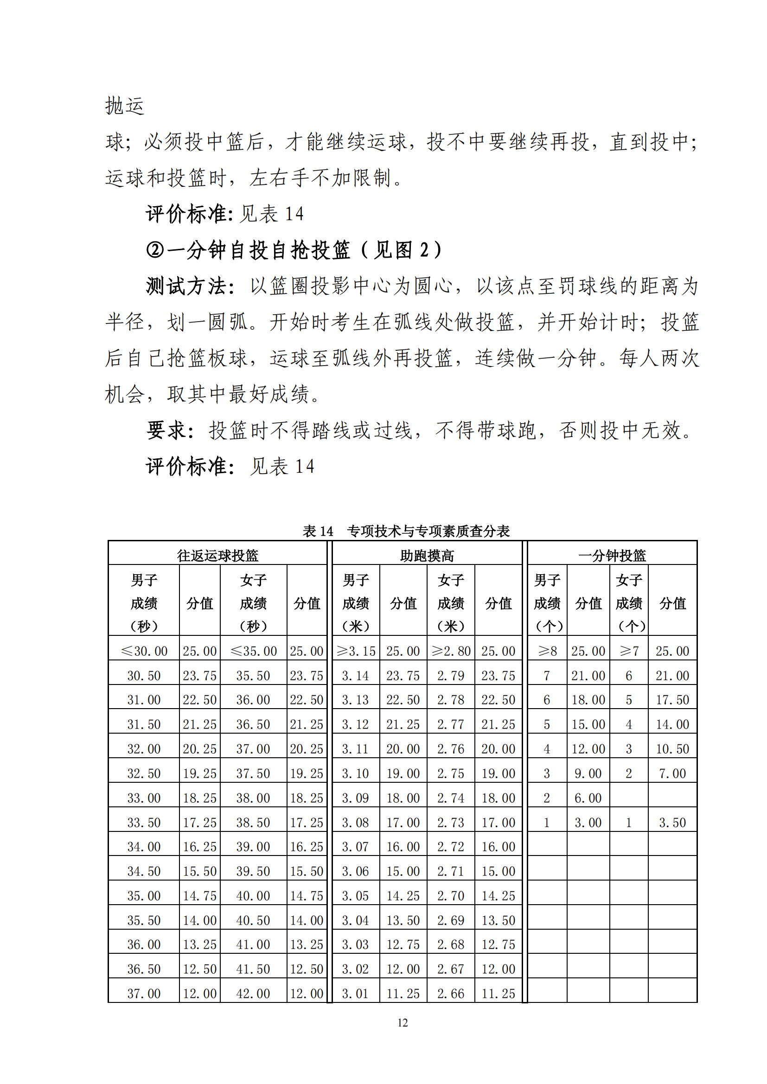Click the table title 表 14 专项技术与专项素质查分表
pos(406,531)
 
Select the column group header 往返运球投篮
pos(218,555)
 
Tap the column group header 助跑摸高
pos(427,555)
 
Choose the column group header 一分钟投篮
pos(612,555)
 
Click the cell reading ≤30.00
pos(144,651)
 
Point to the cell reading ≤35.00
pos(254,651)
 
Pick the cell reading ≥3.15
pos(356,651)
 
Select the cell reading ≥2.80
pos(451,651)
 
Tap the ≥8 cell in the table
pos(547,651)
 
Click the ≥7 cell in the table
pos(629,651)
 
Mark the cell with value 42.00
pos(254,993)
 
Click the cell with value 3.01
pos(356,993)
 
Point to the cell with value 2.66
pos(451,993)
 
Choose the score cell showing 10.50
pos(672,749)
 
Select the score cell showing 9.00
pos(588,773)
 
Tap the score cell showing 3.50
pos(672,823)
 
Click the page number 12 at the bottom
pos(403,1023)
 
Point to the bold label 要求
pos(166,430)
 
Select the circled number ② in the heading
pos(155,250)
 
